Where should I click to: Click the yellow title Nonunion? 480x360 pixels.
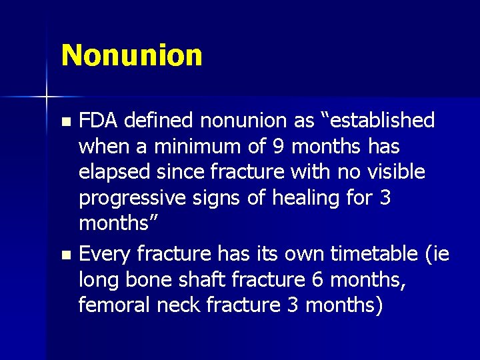click(x=131, y=55)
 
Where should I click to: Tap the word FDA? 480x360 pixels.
click(x=98, y=121)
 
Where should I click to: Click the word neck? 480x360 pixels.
click(x=177, y=305)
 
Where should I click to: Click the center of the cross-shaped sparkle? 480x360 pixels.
click(x=47, y=97)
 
